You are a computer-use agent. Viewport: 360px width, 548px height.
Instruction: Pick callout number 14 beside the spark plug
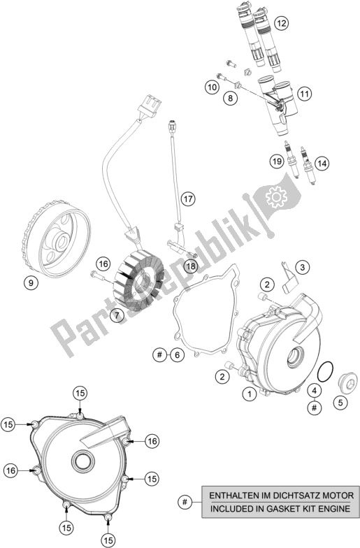coord(321,163)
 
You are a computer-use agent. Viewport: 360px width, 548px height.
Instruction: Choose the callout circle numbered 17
coord(187,199)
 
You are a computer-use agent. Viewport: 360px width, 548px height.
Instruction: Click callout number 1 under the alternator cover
coord(246,394)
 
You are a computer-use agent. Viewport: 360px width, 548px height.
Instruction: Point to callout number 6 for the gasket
coord(178,356)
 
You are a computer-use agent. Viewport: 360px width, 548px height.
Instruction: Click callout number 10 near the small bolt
coord(211,87)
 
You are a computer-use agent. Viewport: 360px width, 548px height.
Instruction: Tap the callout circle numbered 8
coord(228,99)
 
